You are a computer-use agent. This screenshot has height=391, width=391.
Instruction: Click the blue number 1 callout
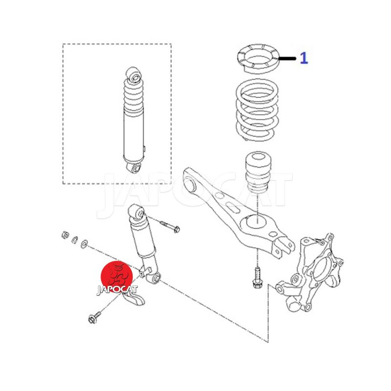click(x=304, y=58)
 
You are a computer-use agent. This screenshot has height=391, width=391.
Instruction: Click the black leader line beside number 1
click(x=287, y=59)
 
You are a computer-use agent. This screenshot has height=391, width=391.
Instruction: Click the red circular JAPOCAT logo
click(x=117, y=277)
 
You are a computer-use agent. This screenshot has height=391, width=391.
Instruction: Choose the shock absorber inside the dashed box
click(x=134, y=120)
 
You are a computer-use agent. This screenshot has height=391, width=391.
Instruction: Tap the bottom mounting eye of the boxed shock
click(x=135, y=168)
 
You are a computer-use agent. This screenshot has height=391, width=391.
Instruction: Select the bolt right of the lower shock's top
click(x=170, y=226)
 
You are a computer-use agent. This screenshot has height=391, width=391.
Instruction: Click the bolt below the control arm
click(x=256, y=278)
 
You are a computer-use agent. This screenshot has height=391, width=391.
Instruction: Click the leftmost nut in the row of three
click(x=65, y=235)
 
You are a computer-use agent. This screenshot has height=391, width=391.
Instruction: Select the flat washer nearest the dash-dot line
click(x=85, y=243)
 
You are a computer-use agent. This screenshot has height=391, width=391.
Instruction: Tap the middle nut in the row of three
click(x=75, y=239)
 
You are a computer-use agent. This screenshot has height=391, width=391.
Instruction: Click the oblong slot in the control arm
click(x=233, y=207)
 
